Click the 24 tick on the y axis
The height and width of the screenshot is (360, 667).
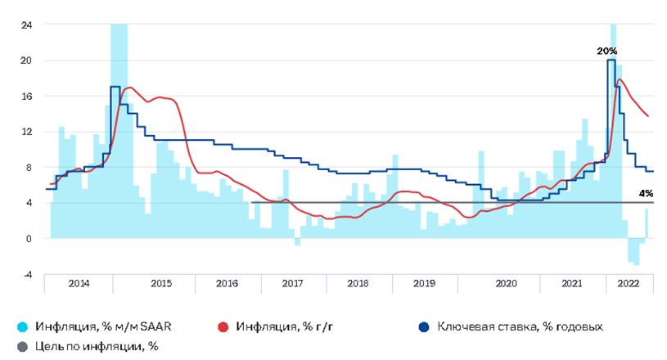pos(26,25)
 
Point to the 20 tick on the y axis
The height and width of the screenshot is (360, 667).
pos(26,61)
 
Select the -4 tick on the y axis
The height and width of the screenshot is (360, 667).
pos(27,275)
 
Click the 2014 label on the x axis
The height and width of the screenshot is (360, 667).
pos(79,283)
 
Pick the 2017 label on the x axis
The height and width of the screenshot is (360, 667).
pos(292,283)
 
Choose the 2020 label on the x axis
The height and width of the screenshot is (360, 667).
pos(507,283)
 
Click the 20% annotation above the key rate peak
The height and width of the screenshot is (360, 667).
pos(606,51)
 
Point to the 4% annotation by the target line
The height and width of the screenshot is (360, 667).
pos(646,194)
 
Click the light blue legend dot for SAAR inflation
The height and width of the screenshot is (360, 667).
pos(23,326)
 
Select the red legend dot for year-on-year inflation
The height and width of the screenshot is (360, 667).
pos(223,326)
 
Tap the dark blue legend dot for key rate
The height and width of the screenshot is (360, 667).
pos(423,326)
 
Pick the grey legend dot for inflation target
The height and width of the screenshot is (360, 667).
pos(23,346)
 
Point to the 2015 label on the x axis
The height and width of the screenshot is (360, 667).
pos(161,283)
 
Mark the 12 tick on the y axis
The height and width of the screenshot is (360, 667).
pos(26,132)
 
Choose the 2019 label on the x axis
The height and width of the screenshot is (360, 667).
pos(424,283)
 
